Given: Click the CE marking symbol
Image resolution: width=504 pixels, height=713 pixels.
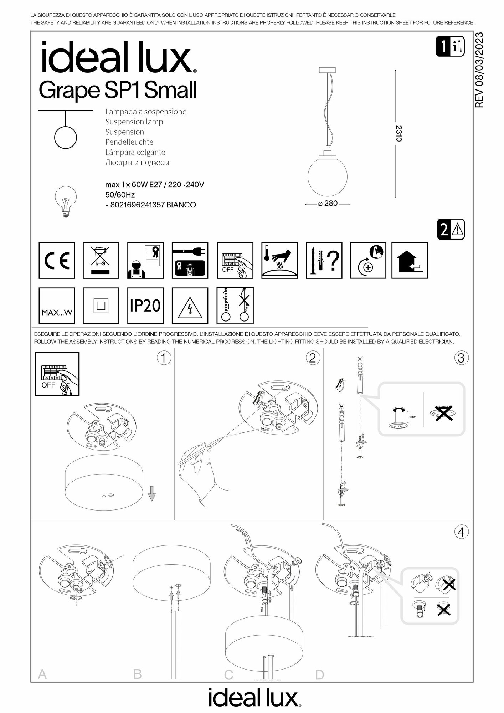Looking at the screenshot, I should coord(57,261).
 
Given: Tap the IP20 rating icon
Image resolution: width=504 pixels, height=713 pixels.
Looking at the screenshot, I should coord(145,306).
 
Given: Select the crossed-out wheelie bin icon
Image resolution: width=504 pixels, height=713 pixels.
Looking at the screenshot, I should coord(101,261).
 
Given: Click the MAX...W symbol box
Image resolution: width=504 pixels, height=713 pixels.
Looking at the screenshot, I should coord(57,306).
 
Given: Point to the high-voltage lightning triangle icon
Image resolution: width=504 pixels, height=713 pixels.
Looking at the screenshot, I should coord(190,306).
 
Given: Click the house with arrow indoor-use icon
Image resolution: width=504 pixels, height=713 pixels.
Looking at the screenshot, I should coord(410,261).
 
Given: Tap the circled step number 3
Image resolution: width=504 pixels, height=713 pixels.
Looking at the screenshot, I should coord(461,358).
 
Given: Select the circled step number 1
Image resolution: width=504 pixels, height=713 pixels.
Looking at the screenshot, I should coord(164,358).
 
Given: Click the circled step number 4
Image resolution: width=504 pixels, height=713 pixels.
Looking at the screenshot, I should coord(461,532).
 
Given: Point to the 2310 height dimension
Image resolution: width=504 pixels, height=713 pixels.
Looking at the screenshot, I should coord(399,133).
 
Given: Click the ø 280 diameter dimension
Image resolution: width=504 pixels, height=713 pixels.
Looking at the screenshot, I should coord(328,204).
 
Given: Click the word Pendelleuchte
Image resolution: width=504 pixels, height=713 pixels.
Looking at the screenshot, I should coord(129,142).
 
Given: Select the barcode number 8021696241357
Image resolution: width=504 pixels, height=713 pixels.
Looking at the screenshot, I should coord(137,205).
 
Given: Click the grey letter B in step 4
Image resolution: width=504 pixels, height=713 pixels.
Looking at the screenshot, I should coord(137,674).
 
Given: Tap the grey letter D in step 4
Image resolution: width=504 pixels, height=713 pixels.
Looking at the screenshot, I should coord(320,675).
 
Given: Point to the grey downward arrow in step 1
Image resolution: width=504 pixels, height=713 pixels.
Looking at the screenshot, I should coord(152,494).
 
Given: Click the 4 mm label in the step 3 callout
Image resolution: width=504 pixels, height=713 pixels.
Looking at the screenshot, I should coord(412,416).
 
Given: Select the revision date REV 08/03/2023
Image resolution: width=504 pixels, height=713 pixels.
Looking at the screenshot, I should coord(479,70).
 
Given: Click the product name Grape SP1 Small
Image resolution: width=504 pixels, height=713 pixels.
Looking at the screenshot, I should coord(118,90).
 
